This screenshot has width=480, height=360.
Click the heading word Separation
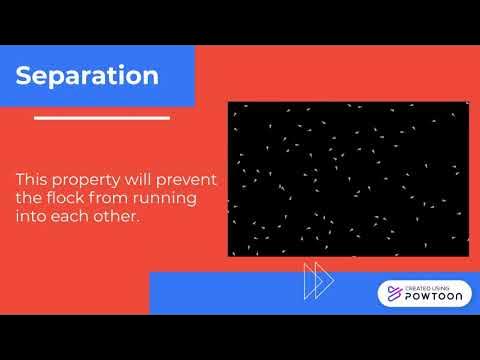coord(87,76)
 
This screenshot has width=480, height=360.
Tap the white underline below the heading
coord(101,117)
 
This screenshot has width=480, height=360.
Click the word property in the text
coord(91,179)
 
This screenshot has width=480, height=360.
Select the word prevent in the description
coord(191,179)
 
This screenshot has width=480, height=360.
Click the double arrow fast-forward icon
coord(318,281)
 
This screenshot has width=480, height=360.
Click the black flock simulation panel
coord(348,179)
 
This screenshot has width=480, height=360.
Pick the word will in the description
coord(143,179)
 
